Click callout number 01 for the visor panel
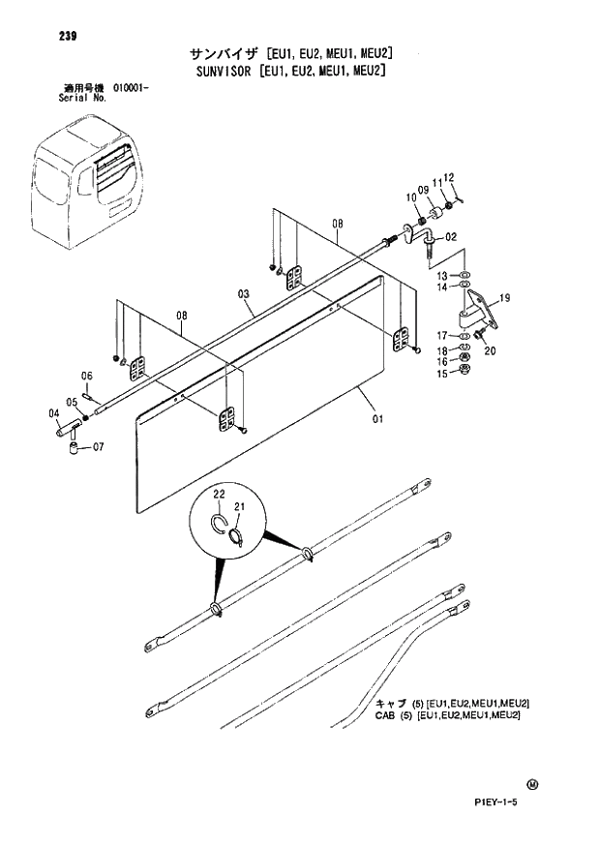click(376, 419)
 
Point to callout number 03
click(243, 293)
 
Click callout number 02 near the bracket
click(451, 236)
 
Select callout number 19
click(504, 297)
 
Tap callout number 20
click(490, 351)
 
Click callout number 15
click(441, 374)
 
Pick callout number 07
click(98, 447)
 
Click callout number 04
click(53, 413)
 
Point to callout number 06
click(86, 376)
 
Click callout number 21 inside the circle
click(240, 507)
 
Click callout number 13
click(441, 275)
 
